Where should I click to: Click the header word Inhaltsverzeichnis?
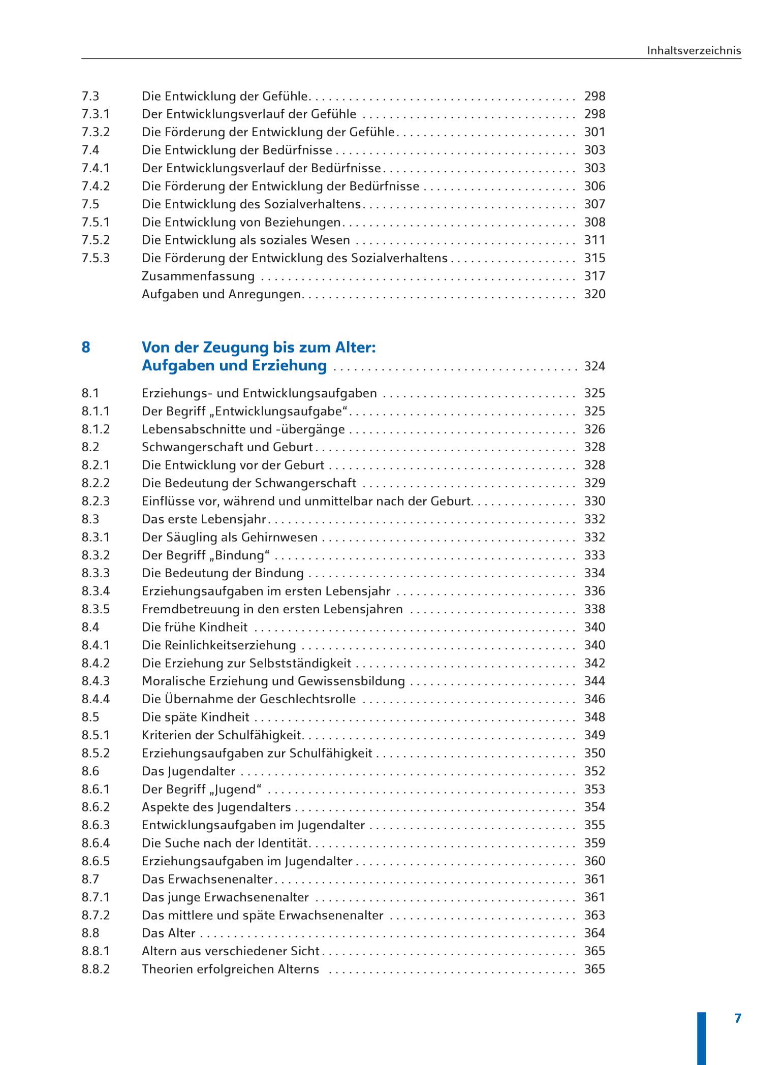[x=694, y=50]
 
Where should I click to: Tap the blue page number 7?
[x=738, y=1018]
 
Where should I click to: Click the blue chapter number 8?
[x=86, y=347]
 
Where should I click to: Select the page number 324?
[x=594, y=366]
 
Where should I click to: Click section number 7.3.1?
[x=96, y=114]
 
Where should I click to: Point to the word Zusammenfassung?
[x=198, y=276]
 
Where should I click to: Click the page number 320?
[x=594, y=294]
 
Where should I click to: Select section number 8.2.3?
[x=96, y=501]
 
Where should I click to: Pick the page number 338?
[x=594, y=609]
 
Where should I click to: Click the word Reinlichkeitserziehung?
[x=230, y=645]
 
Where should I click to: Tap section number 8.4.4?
[x=96, y=699]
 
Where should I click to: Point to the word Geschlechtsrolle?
[x=308, y=699]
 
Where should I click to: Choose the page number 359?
[x=594, y=843]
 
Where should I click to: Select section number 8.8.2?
[x=96, y=969]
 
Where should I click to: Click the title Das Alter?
[x=169, y=933]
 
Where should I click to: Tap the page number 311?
[x=594, y=240]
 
